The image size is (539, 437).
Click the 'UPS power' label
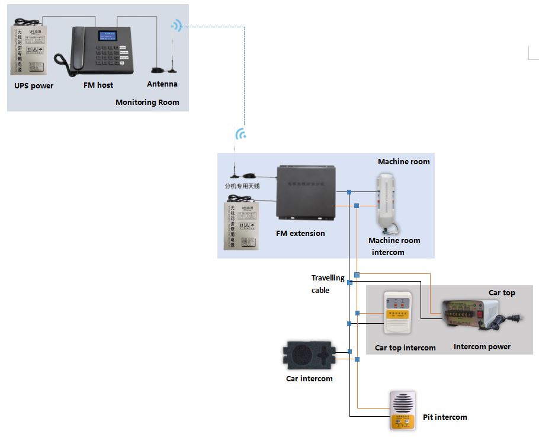(x=34, y=86)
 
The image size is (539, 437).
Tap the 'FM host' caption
(x=98, y=85)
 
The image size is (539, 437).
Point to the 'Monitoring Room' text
(x=147, y=102)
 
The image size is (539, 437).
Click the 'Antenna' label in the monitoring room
(x=162, y=84)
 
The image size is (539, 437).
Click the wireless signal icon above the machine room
(x=240, y=134)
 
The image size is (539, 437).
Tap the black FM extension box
(x=306, y=193)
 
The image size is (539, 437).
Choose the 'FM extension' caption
(x=300, y=233)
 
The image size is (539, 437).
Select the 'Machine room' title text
(x=403, y=161)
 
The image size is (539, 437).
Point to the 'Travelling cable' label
(x=328, y=284)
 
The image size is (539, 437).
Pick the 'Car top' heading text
(x=501, y=292)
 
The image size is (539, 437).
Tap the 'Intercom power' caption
(x=482, y=347)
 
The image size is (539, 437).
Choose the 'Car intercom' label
(x=309, y=379)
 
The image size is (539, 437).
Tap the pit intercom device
(x=403, y=410)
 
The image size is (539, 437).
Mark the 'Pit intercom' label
(x=444, y=417)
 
